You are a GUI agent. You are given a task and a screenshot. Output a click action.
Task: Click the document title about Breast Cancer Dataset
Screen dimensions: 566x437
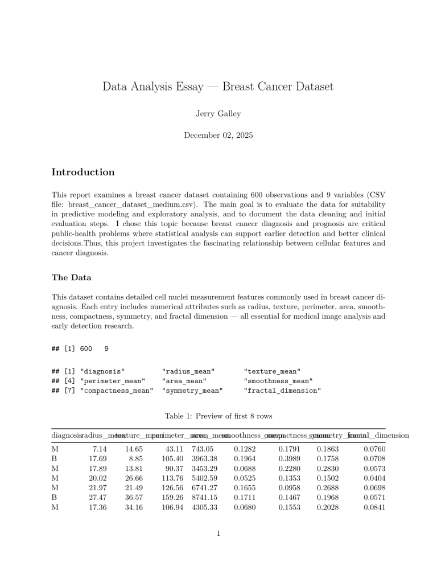218,87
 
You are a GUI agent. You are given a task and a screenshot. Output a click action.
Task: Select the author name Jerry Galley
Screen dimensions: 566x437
218,114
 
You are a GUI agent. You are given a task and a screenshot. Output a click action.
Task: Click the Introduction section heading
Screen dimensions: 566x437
83,172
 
